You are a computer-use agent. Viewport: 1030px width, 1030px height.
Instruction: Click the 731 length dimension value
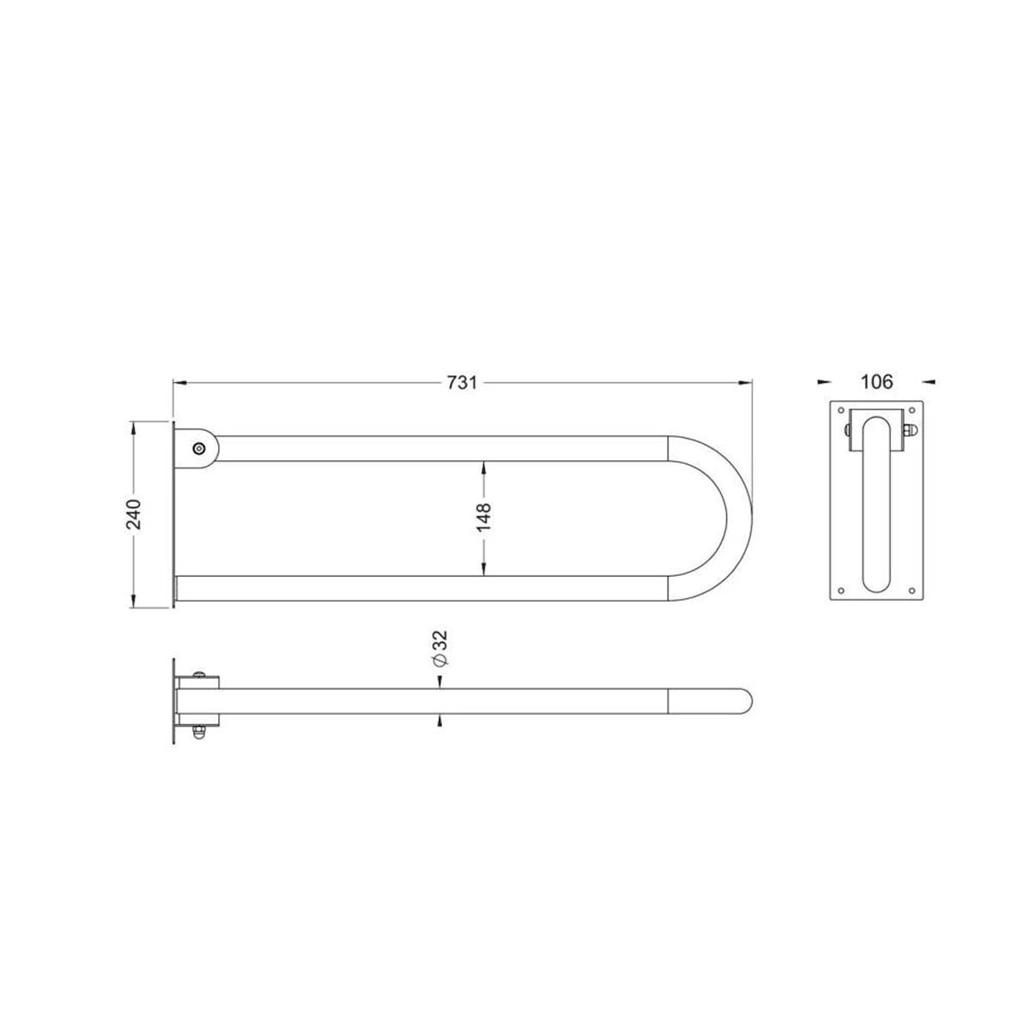coord(462,383)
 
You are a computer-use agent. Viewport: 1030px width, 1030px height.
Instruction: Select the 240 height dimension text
coord(133,514)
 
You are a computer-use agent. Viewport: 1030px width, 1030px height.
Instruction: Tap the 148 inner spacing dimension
coord(484,517)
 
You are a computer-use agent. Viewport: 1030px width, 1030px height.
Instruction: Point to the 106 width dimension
coord(876,382)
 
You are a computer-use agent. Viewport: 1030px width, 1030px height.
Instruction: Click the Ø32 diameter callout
coord(440,648)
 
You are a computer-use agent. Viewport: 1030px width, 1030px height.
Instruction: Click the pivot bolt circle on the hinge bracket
coord(199,448)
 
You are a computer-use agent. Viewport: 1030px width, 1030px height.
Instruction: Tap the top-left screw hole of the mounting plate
coord(841,410)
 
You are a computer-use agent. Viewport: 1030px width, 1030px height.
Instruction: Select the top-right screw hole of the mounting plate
coord(912,410)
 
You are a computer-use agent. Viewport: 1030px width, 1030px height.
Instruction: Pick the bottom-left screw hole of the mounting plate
coord(841,591)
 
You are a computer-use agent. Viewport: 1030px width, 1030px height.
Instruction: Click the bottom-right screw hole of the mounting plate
coord(912,591)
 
